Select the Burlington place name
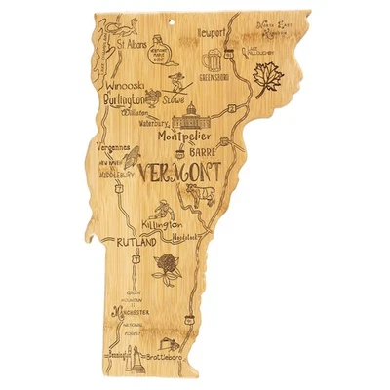coord(125,99)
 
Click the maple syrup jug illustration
coord(167,52)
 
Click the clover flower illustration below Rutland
coord(165,266)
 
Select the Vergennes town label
coord(116,141)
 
